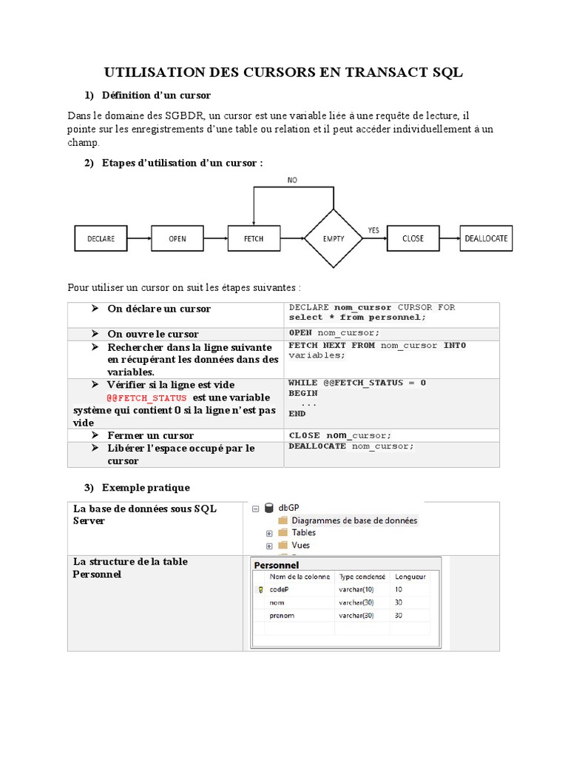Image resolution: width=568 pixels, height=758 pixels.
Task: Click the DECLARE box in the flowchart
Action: coord(101,238)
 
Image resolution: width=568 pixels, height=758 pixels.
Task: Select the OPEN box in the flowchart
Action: coord(177,238)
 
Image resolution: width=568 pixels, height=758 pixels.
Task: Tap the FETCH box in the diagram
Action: coord(254,238)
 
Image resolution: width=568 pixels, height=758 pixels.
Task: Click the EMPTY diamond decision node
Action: coord(334,238)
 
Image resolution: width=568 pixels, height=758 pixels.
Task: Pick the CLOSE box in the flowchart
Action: coord(413,238)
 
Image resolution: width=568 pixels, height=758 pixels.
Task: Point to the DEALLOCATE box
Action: coord(486,238)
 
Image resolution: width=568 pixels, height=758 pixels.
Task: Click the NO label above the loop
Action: coord(294,180)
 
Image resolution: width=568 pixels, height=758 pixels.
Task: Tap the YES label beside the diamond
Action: coord(373,230)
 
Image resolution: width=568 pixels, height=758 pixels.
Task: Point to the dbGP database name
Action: coord(291,508)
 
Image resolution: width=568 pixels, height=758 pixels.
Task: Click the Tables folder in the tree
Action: coord(303,532)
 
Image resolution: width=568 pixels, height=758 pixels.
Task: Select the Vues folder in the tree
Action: coord(300,545)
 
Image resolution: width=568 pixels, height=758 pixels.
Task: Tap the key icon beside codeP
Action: coord(260,590)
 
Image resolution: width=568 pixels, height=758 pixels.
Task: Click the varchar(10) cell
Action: coord(356,589)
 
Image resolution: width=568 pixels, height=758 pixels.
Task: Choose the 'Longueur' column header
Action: coord(410,576)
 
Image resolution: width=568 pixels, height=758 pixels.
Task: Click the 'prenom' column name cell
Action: coord(282,615)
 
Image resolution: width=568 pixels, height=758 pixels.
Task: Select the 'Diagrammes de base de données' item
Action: coord(354,520)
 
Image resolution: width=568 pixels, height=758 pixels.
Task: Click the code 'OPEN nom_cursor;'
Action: coord(334,333)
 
